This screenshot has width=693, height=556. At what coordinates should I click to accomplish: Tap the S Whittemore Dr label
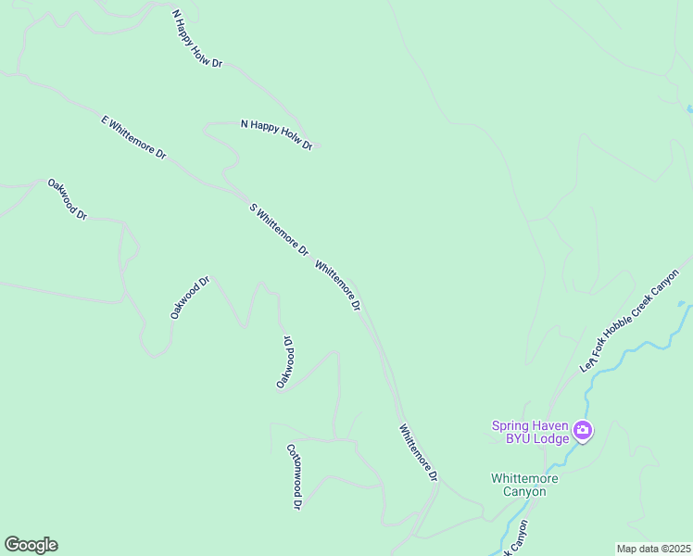pyautogui.click(x=278, y=229)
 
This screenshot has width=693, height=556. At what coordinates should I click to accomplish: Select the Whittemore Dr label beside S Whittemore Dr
pyautogui.click(x=337, y=285)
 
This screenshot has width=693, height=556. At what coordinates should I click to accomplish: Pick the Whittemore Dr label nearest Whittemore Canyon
pyautogui.click(x=418, y=453)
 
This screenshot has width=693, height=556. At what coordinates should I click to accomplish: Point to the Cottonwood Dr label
pyautogui.click(x=295, y=475)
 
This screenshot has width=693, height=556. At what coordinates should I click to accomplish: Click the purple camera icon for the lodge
pyautogui.click(x=583, y=430)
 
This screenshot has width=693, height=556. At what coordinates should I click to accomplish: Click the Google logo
pyautogui.click(x=31, y=545)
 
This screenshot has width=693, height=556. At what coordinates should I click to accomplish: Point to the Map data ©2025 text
pyautogui.click(x=652, y=549)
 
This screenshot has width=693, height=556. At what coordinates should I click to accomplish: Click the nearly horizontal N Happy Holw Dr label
pyautogui.click(x=276, y=134)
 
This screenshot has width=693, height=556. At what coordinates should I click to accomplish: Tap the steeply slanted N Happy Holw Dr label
pyautogui.click(x=198, y=40)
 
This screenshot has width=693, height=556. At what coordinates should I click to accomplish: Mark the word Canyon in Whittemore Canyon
pyautogui.click(x=524, y=492)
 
